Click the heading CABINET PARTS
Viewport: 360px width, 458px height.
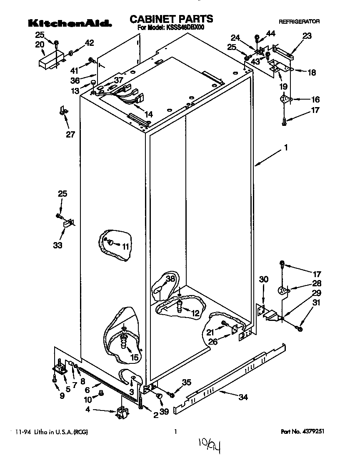(x=171, y=19)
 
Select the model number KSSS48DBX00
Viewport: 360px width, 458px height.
(x=185, y=28)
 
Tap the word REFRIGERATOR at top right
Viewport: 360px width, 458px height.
(x=299, y=21)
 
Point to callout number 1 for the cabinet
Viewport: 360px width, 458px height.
(x=286, y=148)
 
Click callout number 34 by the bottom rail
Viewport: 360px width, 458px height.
(x=242, y=397)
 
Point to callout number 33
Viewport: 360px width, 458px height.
(x=57, y=245)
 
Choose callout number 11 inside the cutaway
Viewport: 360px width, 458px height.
(x=125, y=246)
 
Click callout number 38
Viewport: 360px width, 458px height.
(x=170, y=279)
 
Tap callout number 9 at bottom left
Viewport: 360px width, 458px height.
(x=62, y=395)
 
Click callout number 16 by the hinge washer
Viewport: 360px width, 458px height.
(x=315, y=100)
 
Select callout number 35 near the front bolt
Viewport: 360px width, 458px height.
(x=187, y=382)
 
